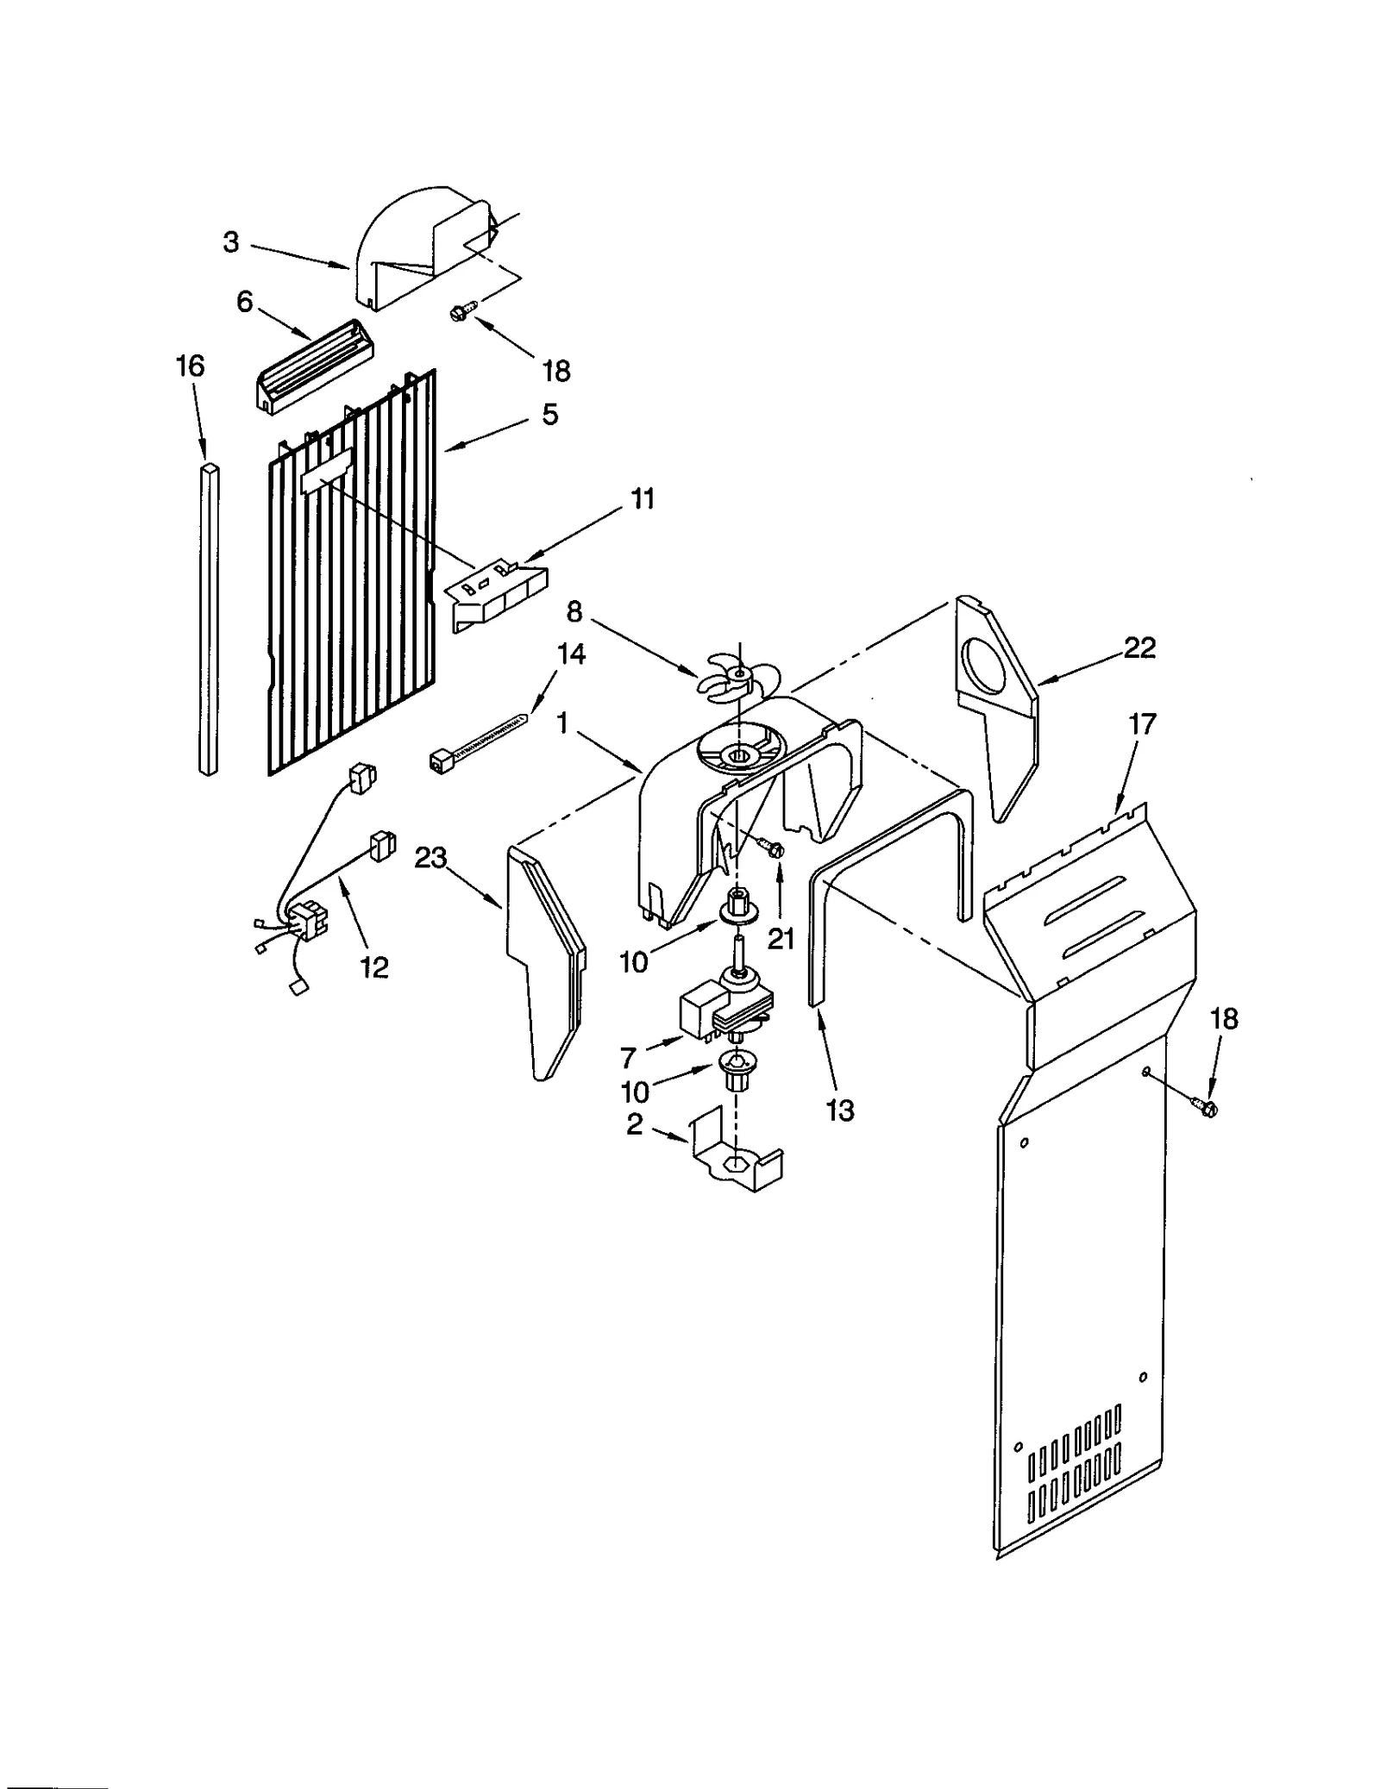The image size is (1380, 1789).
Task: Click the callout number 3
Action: click(x=230, y=243)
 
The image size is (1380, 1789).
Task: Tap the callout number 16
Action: click(x=190, y=366)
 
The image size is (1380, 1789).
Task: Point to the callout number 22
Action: click(x=1139, y=647)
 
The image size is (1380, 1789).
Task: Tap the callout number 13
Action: click(x=839, y=1110)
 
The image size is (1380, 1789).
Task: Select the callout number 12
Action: click(x=374, y=967)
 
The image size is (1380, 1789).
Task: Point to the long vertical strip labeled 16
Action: click(x=208, y=619)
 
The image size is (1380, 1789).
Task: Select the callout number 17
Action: click(x=1141, y=724)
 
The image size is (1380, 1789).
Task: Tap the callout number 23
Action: click(x=430, y=858)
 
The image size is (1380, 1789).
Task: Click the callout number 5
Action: click(x=549, y=415)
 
